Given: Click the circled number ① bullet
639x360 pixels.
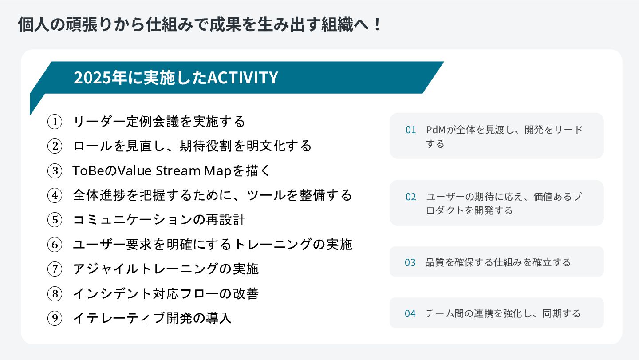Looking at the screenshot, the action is (x=54, y=122).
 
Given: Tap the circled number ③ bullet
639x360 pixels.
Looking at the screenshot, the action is (x=54, y=171).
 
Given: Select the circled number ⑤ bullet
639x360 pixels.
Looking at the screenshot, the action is (x=54, y=220).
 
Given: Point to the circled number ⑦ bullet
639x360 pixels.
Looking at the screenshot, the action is (x=54, y=269).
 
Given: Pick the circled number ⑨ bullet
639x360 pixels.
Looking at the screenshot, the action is (x=54, y=318).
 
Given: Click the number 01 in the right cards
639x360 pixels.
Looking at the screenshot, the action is (x=410, y=130).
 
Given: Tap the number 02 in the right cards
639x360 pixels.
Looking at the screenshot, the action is (x=410, y=197).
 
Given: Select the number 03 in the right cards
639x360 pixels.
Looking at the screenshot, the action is (x=410, y=262).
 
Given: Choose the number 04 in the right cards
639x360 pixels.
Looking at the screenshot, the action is (x=410, y=313).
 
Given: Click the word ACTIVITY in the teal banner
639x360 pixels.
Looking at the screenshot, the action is (x=243, y=78).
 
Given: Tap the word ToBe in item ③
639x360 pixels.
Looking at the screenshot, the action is (x=84, y=171).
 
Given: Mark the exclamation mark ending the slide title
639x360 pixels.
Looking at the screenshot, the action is (x=377, y=24).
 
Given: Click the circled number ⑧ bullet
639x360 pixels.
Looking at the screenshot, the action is (x=54, y=293).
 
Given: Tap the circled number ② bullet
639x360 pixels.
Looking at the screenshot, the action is (x=54, y=146).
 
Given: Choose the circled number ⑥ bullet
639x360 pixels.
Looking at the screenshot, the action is (x=54, y=245).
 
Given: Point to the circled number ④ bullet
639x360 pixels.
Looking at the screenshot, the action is (x=54, y=195).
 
